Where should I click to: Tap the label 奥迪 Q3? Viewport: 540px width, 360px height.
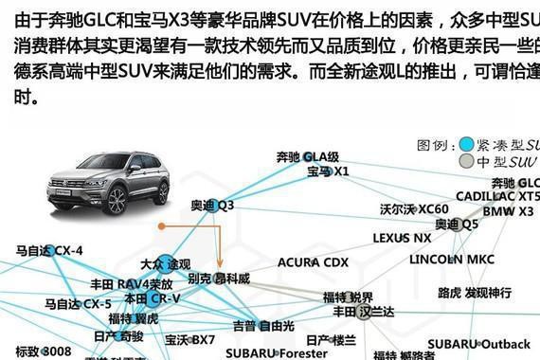pyautogui.click(x=212, y=205)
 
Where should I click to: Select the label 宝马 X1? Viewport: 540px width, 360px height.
pyautogui.click(x=328, y=171)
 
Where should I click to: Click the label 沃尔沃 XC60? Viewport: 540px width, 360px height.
pyautogui.click(x=414, y=208)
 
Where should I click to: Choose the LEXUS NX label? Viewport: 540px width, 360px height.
pyautogui.click(x=402, y=238)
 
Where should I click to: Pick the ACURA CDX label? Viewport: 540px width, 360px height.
pyautogui.click(x=313, y=261)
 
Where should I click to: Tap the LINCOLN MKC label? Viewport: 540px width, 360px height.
pyautogui.click(x=452, y=259)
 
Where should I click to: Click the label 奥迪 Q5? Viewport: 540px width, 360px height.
pyautogui.click(x=458, y=225)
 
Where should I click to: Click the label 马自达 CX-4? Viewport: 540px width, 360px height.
pyautogui.click(x=49, y=251)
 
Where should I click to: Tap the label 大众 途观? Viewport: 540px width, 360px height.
pyautogui.click(x=165, y=263)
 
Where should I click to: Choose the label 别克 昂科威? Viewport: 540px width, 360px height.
pyautogui.click(x=219, y=279)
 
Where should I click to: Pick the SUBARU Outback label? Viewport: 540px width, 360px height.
pyautogui.click(x=478, y=343)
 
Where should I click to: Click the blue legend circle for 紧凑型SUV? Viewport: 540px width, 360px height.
pyautogui.click(x=466, y=145)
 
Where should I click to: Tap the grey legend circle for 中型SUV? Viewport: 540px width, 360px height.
pyautogui.click(x=466, y=162)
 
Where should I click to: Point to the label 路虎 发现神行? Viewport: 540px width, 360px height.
pyautogui.click(x=475, y=293)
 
